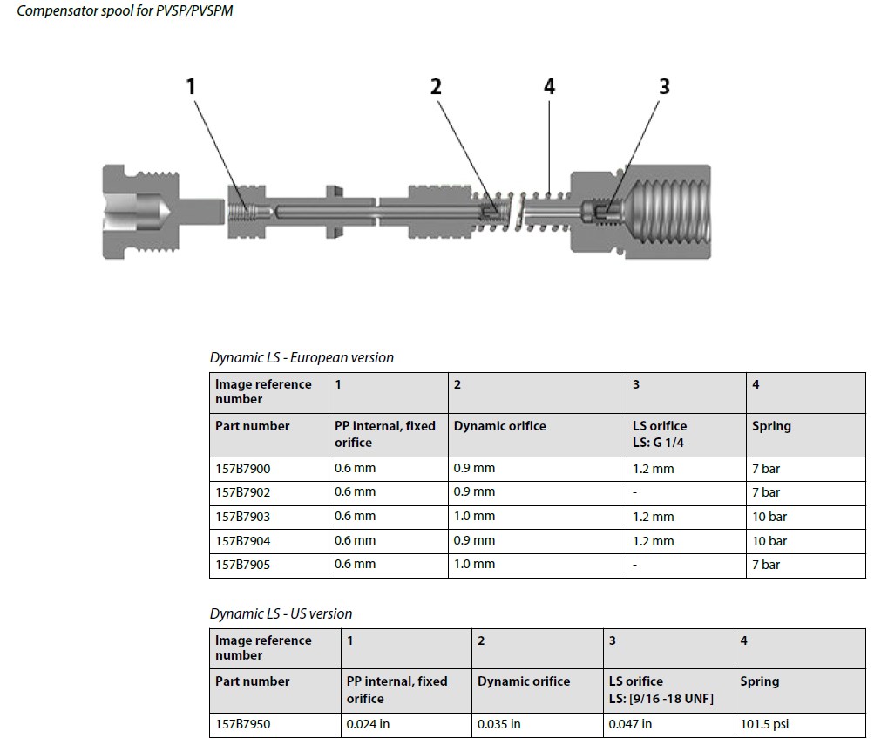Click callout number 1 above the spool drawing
coord(191,87)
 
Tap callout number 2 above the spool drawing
coord(436,87)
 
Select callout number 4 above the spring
coord(549,86)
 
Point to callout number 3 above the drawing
coord(664,86)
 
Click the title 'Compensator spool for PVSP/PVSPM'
coord(125,11)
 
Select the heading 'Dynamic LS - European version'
coord(302,357)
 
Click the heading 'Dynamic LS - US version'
coord(281,613)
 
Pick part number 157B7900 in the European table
coord(243,469)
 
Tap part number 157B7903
coord(243,517)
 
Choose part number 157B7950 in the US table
coord(243,724)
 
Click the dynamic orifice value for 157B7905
coord(474,565)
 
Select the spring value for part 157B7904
coord(769,541)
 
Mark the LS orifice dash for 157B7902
coord(635,493)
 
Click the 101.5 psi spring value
coord(764,724)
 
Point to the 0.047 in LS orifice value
coord(630,724)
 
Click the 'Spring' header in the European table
coord(771,426)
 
